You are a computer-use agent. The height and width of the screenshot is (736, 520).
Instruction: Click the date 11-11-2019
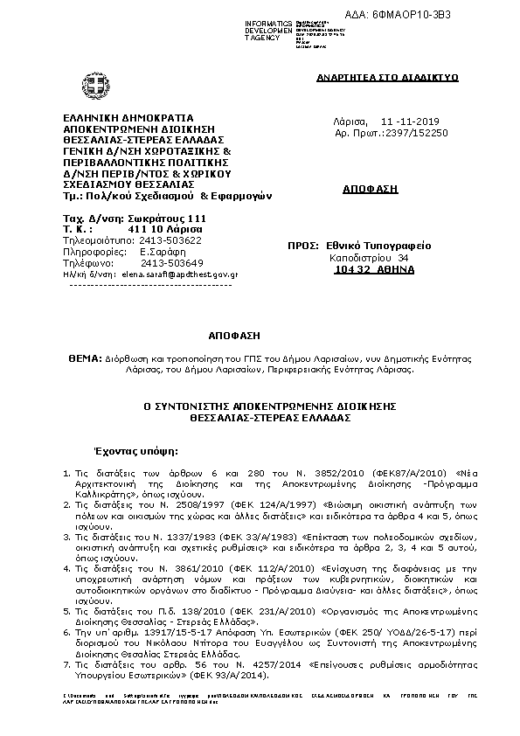(x=410, y=121)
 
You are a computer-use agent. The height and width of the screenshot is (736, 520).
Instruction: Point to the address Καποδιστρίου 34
(x=368, y=259)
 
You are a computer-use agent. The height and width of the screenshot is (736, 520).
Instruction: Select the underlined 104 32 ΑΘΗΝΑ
(x=374, y=270)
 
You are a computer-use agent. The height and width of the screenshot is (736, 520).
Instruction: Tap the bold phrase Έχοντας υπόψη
(x=135, y=452)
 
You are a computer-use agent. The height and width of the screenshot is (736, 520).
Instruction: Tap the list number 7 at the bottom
(x=66, y=666)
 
